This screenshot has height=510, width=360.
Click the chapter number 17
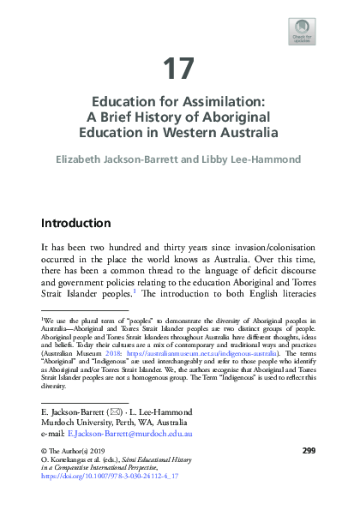click(x=179, y=69)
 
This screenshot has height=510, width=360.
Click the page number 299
click(x=309, y=473)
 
